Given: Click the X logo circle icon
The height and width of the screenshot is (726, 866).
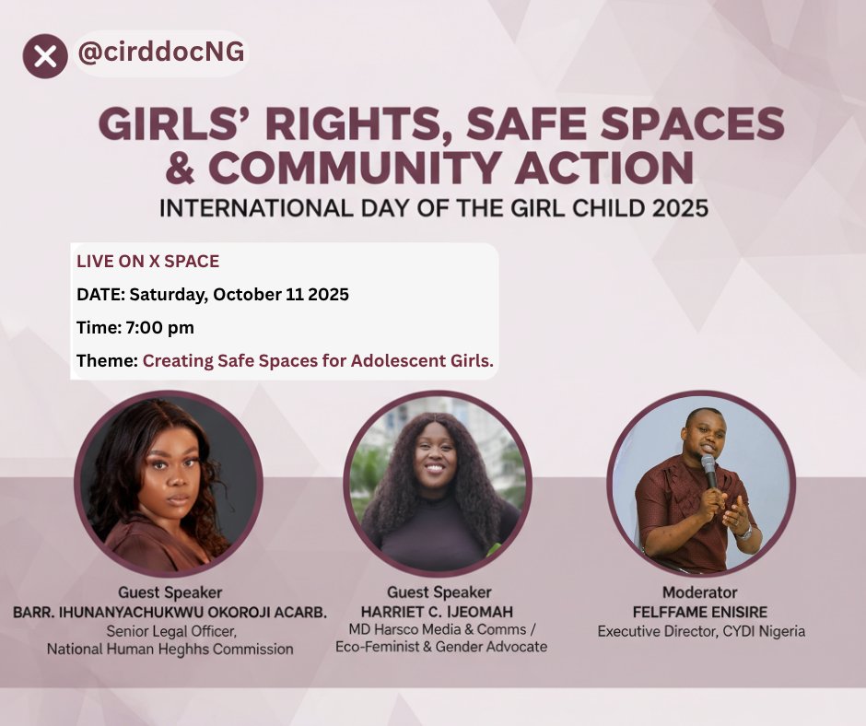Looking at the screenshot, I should coord(45,56).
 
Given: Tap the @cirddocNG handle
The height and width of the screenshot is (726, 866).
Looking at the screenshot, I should coord(161,53).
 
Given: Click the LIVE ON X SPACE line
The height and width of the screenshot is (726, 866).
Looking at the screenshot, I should coord(147,262).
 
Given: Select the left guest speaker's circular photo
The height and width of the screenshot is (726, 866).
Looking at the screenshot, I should coord(168,486).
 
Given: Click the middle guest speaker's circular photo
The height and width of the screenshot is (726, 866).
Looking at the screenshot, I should coord(437,485).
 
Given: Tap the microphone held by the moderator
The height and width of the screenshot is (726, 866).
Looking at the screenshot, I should coord(708,471).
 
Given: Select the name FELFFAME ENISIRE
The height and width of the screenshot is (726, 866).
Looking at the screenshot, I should coord(701,612).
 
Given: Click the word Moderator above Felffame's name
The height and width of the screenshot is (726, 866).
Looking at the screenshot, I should coord(700,592).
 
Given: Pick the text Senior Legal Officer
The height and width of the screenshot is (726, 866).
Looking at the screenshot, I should coord(170,631).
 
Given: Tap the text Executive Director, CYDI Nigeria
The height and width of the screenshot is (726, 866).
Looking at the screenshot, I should coord(701,632).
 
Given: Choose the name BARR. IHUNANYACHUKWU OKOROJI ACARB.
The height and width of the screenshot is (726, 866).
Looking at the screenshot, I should coord(170,612).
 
